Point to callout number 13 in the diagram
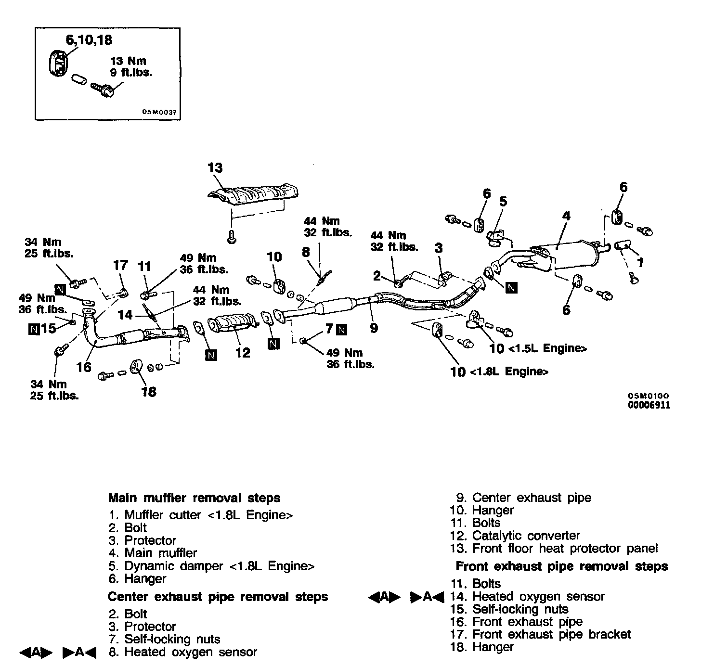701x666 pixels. click(215, 168)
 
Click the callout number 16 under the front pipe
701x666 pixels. click(84, 367)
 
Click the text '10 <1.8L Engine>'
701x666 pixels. click(499, 371)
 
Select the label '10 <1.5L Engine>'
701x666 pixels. click(537, 348)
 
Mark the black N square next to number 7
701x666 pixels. click(341, 330)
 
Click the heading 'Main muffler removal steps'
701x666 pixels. click(194, 498)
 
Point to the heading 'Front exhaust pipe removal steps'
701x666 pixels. click(561, 566)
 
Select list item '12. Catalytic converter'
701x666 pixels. click(515, 536)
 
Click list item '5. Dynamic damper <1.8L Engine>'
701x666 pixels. click(212, 566)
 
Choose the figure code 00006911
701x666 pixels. click(649, 405)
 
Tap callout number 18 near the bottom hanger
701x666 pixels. click(149, 392)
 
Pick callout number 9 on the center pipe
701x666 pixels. click(374, 328)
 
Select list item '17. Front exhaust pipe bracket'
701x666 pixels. click(540, 634)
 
